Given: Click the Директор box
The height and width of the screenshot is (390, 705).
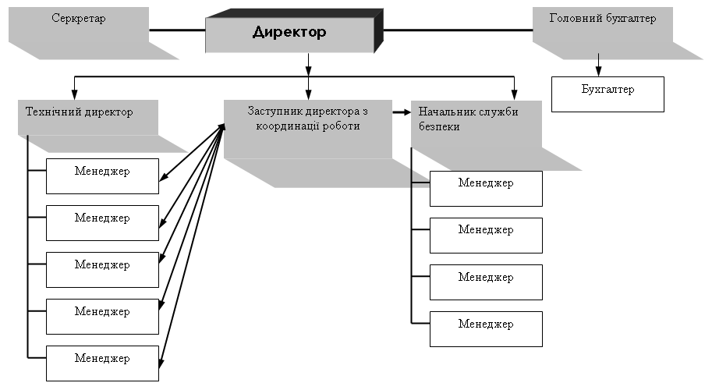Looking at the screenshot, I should point(289,33).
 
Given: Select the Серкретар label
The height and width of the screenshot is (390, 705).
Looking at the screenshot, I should point(78,18).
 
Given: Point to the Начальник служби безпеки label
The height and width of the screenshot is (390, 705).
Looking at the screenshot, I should point(469,119).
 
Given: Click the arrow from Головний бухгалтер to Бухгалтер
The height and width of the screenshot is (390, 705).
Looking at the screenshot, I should point(598,63).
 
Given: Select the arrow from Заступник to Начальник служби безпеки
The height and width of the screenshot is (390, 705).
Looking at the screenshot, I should point(401,112).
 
